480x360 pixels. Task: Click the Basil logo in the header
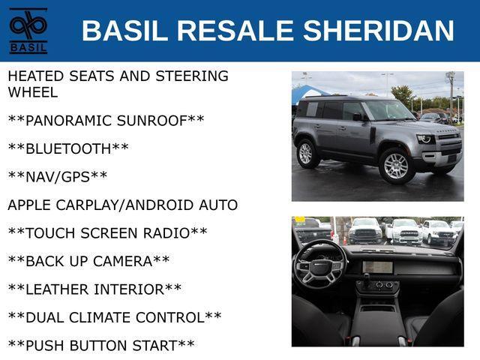pyautogui.click(x=28, y=31)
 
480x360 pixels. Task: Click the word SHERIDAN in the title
pyautogui.click(x=378, y=30)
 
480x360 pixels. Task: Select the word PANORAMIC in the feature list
pyautogui.click(x=69, y=121)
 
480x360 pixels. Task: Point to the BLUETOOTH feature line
pyautogui.click(x=68, y=148)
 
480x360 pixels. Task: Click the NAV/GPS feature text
pyautogui.click(x=58, y=177)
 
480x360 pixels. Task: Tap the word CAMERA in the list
pyautogui.click(x=122, y=261)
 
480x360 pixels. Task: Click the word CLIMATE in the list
pyautogui.click(x=102, y=317)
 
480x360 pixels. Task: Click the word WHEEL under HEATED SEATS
pyautogui.click(x=33, y=92)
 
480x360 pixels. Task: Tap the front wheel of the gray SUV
pyautogui.click(x=397, y=166)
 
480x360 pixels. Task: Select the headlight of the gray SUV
pyautogui.click(x=426, y=139)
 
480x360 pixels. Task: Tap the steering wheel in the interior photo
pyautogui.click(x=320, y=265)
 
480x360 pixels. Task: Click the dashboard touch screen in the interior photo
pyautogui.click(x=377, y=267)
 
